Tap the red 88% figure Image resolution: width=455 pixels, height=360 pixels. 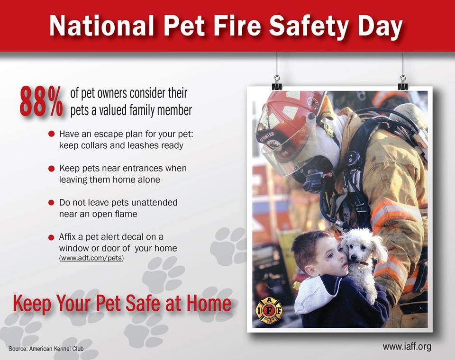(41, 102)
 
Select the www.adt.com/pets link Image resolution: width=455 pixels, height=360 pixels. (91, 258)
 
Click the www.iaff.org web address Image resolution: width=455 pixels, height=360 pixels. (407, 346)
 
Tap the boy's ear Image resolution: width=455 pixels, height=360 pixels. (310, 271)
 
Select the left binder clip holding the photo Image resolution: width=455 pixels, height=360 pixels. (277, 83)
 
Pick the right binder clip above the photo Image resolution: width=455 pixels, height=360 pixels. (403, 83)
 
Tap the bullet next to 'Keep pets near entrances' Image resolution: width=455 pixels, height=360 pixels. (51, 168)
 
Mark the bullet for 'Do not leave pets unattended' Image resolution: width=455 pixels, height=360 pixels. (51, 202)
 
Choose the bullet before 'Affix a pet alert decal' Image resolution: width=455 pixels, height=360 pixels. (51, 237)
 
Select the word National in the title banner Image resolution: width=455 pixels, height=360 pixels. (101, 26)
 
